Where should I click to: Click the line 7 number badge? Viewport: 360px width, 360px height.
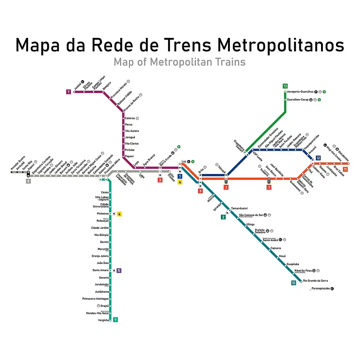click(x=69, y=91)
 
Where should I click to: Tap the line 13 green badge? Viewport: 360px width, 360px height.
click(x=285, y=86)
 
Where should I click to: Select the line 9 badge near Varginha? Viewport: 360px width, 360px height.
click(x=115, y=319)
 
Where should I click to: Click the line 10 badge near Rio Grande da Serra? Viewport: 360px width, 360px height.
click(x=293, y=283)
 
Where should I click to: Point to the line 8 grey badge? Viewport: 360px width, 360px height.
click(x=28, y=181)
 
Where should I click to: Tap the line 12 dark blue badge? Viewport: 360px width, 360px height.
click(x=318, y=158)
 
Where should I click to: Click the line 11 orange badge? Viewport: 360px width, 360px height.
click(x=345, y=169)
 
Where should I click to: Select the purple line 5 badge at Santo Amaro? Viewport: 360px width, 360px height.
click(x=119, y=270)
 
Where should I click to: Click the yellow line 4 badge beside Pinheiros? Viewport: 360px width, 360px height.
click(x=119, y=214)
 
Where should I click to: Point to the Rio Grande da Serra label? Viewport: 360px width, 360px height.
click(x=315, y=281)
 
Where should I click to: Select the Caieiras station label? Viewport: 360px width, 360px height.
click(x=130, y=118)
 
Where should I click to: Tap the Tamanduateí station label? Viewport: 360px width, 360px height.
click(x=239, y=208)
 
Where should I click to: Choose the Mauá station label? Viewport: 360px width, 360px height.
click(x=282, y=256)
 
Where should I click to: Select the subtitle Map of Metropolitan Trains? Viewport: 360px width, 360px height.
click(x=180, y=61)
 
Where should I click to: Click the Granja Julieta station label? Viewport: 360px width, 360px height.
click(x=100, y=256)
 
